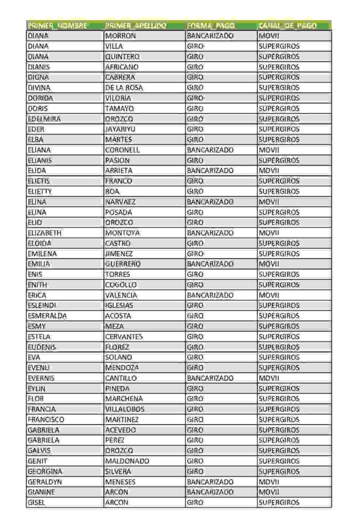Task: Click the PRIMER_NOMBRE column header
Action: coord(57,25)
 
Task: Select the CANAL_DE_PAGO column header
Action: coord(287,25)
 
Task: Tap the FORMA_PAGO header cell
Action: coord(211,25)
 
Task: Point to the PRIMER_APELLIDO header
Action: coord(136,25)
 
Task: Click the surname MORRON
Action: coord(121,36)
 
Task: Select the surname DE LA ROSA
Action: coord(124,88)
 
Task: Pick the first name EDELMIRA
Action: coord(44,119)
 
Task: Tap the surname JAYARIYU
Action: coord(122,129)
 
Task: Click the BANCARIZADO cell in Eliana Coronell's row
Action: coord(210,150)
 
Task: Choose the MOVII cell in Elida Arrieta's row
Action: coord(269,170)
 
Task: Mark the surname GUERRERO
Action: coord(123,264)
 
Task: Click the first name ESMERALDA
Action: coord(47,316)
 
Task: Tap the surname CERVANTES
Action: coord(124,337)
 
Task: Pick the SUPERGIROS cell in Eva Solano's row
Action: coord(279,357)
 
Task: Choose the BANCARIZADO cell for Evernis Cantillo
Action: coord(210,378)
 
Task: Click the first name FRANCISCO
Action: coord(46,420)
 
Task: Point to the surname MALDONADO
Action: coord(127,461)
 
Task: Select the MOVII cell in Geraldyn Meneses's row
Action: coord(269,482)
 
